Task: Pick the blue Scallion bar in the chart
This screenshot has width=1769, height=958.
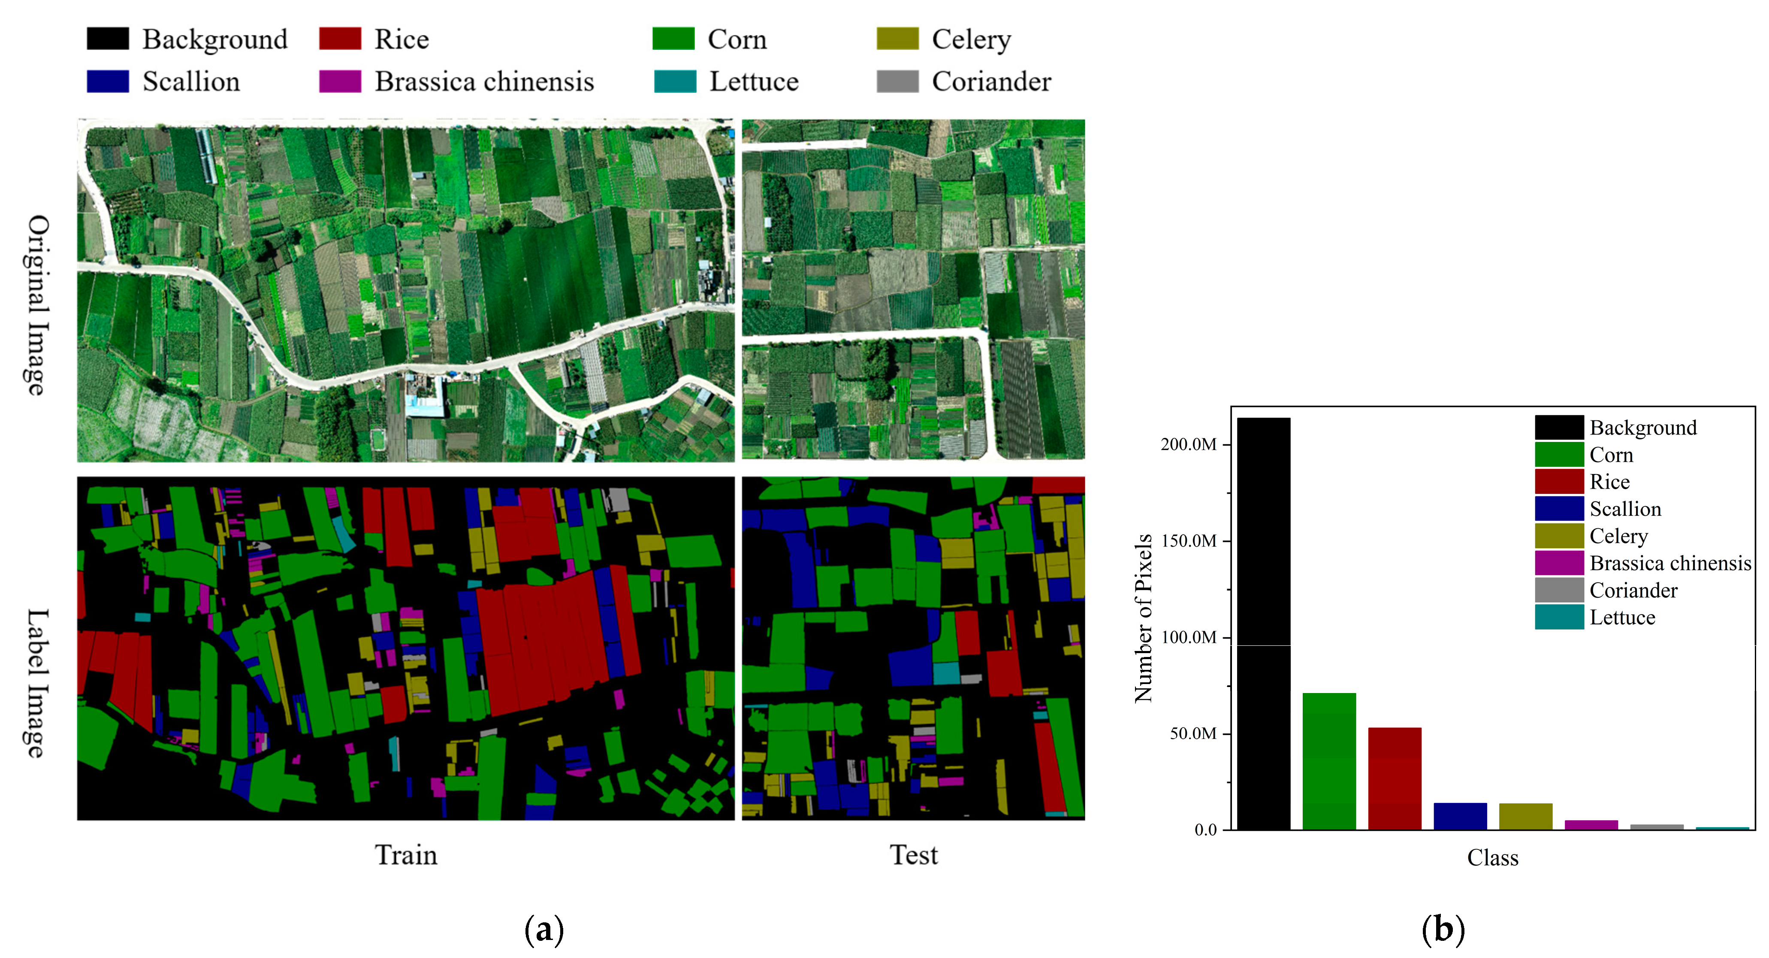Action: coord(1460,816)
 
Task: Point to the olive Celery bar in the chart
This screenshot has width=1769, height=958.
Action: coord(1525,816)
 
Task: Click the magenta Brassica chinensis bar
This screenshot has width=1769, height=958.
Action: coord(1591,825)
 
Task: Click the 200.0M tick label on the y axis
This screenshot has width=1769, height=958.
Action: coord(1188,444)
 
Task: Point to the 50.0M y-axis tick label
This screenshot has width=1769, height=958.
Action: coord(1193,733)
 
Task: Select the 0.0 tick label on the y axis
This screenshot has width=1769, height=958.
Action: coord(1205,830)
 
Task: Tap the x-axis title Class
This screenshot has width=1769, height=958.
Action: coord(1492,858)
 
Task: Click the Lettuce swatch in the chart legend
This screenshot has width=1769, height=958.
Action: coord(1559,617)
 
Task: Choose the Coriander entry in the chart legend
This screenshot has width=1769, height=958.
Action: coord(1633,590)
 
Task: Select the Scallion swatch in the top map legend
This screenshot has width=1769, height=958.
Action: coord(108,81)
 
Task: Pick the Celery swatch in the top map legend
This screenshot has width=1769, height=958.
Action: coord(897,39)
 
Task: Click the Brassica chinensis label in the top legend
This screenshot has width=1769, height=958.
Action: coord(484,81)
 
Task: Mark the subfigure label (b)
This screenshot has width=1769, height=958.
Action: coord(1443,929)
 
